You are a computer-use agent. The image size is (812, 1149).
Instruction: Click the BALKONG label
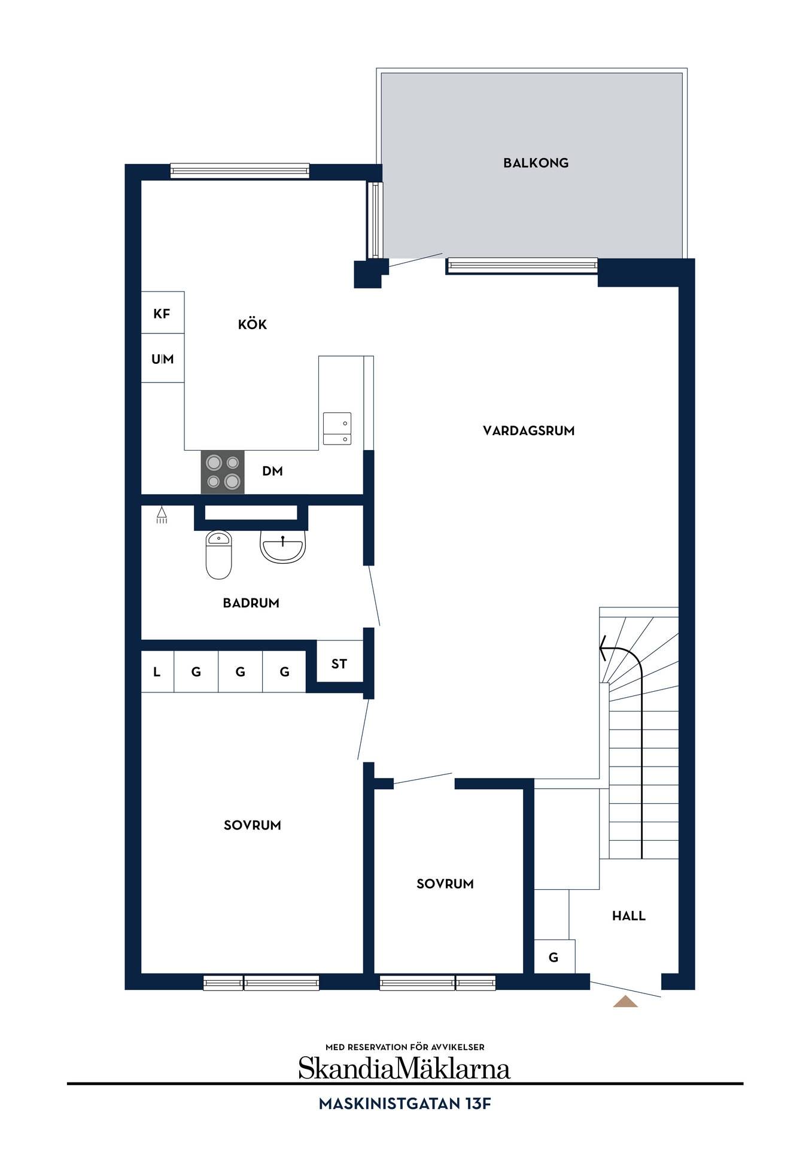pos(536,163)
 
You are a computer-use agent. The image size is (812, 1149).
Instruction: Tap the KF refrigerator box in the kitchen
pos(162,313)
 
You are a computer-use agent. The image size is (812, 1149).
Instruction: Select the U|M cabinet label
pos(162,359)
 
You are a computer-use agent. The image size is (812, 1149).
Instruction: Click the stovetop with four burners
pos(223,472)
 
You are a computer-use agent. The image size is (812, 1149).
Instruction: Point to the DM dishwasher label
pos(272,472)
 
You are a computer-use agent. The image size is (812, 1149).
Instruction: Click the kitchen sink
pos(337,428)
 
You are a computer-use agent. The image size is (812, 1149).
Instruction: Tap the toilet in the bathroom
pos(218,555)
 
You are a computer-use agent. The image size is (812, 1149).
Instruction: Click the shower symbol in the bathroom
pos(162,515)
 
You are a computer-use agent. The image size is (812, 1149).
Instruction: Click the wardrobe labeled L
pos(157,672)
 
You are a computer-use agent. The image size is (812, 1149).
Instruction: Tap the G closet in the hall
pos(554,957)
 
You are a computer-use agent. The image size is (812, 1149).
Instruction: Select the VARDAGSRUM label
pos(528,431)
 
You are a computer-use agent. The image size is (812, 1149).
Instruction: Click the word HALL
pos(629,916)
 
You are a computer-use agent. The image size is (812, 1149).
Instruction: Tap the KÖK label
pos(253,324)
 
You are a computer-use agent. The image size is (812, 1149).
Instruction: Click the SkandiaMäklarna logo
pos(405,1068)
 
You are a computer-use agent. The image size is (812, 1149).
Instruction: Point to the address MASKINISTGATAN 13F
pos(405,1104)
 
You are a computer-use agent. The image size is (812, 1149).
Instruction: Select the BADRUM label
pos(251,603)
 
